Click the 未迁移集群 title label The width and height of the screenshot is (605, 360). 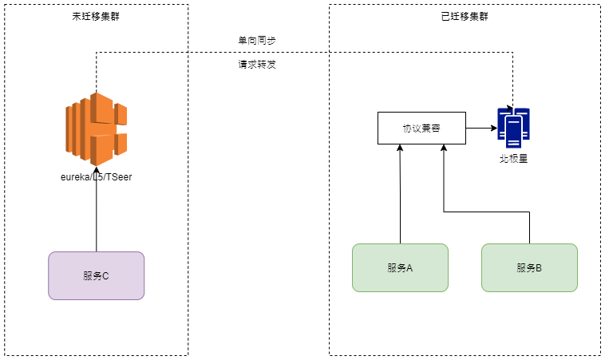(96, 16)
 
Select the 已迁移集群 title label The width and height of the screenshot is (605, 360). (465, 16)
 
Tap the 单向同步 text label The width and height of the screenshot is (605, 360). (257, 40)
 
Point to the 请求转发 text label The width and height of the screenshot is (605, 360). (257, 64)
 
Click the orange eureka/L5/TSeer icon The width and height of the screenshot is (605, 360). (96, 129)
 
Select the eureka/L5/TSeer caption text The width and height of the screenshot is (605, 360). (96, 176)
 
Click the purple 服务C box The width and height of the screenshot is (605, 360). (96, 276)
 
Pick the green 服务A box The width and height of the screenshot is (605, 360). (400, 267)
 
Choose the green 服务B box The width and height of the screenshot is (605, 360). (529, 267)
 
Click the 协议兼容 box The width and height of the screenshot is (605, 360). (421, 128)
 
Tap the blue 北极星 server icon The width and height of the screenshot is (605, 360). (513, 128)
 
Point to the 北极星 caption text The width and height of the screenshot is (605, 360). (513, 159)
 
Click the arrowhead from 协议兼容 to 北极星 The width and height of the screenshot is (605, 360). (494, 128)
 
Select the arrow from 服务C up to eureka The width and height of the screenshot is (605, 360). (97, 209)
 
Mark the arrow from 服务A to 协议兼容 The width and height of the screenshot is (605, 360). (400, 194)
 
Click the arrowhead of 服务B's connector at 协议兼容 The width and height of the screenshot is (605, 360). (444, 148)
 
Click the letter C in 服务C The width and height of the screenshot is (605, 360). (105, 276)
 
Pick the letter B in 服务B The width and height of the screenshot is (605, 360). (539, 267)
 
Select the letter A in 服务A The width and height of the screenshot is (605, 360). (409, 267)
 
